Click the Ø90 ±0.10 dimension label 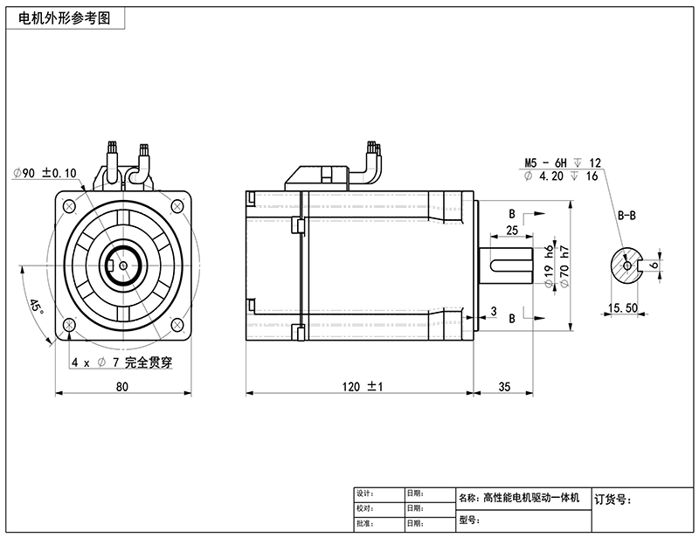point(45,172)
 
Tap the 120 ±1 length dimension point(363,385)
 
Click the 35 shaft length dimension point(504,385)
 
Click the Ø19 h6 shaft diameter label point(549,266)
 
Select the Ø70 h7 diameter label point(564,266)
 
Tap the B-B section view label point(628,215)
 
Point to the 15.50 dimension point(621,308)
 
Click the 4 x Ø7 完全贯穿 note point(112,361)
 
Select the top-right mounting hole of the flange point(177,205)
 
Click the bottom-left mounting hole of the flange point(68,325)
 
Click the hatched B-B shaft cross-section point(624,266)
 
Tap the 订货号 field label point(612,500)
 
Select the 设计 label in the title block point(365,493)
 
